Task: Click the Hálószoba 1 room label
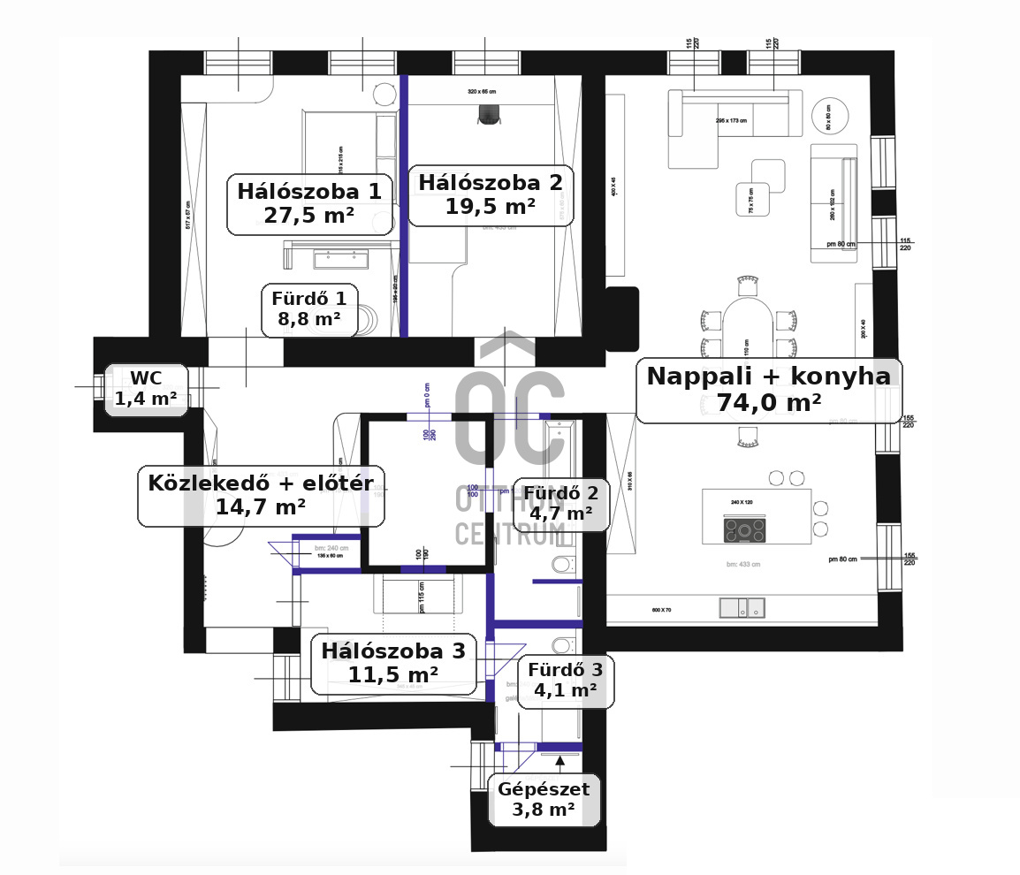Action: tap(308, 204)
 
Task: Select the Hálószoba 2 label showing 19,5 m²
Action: tap(490, 194)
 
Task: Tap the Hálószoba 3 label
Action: tap(392, 663)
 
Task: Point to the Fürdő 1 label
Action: tap(308, 309)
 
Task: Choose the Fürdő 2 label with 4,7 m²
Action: tap(560, 503)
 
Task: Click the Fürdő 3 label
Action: tap(565, 680)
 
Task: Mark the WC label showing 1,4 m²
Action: tap(146, 389)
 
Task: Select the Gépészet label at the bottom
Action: tap(544, 799)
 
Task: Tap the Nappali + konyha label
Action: tap(768, 389)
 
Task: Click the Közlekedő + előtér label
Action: tap(261, 495)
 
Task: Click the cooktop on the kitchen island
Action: tap(744, 530)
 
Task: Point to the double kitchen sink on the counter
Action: tap(742, 608)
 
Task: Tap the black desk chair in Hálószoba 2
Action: tap(489, 113)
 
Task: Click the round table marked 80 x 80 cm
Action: tap(829, 115)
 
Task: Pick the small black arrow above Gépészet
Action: tap(559, 759)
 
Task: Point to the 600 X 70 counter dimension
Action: tap(661, 610)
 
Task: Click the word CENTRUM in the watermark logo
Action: tap(509, 534)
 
